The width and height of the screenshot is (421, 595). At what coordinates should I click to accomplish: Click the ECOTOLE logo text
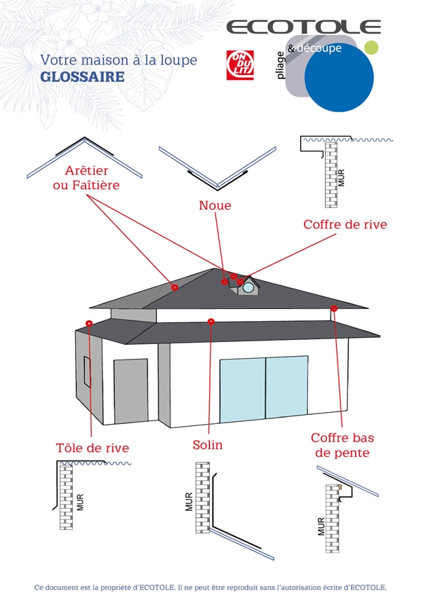coord(303,27)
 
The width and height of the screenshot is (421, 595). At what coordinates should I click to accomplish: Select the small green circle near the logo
coord(372,48)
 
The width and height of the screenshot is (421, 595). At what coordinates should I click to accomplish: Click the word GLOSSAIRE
coord(82,76)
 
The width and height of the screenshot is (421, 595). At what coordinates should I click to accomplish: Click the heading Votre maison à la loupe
coord(119,60)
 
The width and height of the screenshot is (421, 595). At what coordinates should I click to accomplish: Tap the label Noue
coord(215,205)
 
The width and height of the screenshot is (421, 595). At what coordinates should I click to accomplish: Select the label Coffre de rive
coord(345,224)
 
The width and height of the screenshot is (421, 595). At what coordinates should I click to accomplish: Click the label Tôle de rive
coord(93,447)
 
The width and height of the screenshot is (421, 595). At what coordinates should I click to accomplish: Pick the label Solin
coord(208,445)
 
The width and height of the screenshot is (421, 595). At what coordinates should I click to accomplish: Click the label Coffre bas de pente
coord(342,445)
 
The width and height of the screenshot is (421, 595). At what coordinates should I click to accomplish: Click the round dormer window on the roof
coord(248,287)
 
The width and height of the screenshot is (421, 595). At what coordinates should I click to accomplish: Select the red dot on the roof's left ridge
coord(174,287)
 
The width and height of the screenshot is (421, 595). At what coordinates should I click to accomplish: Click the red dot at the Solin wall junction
coord(210,321)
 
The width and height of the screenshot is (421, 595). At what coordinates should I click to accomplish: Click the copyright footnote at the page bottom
coord(210,586)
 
